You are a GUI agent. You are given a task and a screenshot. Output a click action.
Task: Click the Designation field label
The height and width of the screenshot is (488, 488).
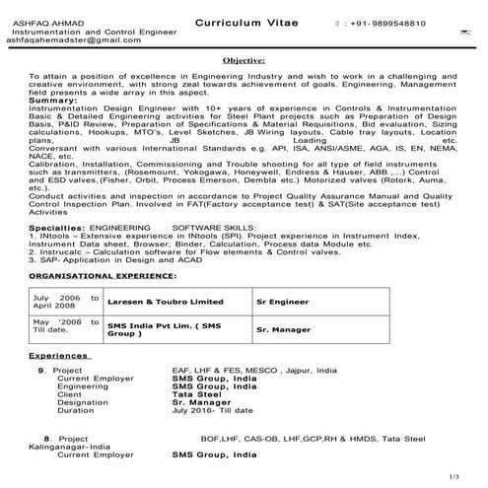83,401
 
